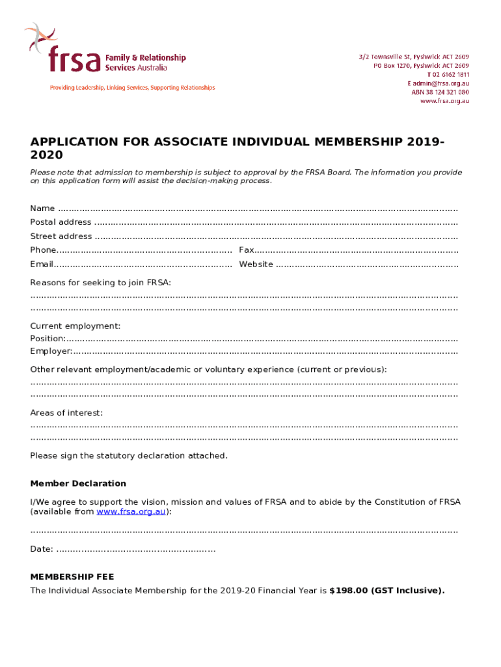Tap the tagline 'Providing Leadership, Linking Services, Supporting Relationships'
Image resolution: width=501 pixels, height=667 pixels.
pyautogui.click(x=133, y=88)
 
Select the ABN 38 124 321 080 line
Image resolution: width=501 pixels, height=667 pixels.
pyautogui.click(x=440, y=92)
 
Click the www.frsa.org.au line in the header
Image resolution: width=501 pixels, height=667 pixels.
pyautogui.click(x=444, y=101)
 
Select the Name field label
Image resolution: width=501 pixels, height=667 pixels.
pyautogui.click(x=42, y=208)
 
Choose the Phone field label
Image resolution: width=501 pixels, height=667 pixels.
pyautogui.click(x=43, y=250)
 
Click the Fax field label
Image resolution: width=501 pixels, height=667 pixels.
pyautogui.click(x=246, y=250)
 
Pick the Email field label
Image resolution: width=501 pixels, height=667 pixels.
pyautogui.click(x=42, y=264)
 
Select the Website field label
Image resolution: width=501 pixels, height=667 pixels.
pyautogui.click(x=256, y=264)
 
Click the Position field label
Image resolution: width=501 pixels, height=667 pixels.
pyautogui.click(x=47, y=339)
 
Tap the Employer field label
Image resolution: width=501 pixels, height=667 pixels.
pyautogui.click(x=51, y=352)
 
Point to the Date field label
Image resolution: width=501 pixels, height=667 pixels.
pyautogui.click(x=42, y=549)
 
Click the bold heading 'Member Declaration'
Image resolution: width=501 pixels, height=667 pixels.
pyautogui.click(x=78, y=483)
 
